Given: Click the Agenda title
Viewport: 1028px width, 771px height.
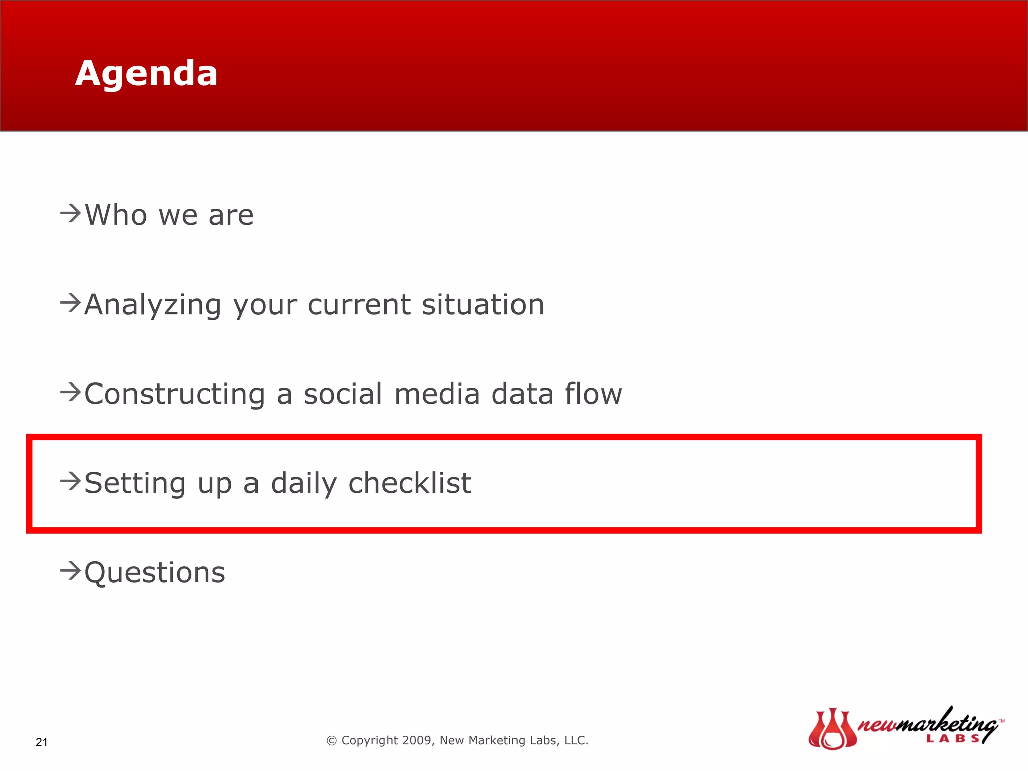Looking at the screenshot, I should [146, 74].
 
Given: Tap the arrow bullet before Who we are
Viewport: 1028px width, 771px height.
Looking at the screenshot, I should [70, 214].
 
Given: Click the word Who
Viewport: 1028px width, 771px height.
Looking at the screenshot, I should [116, 215].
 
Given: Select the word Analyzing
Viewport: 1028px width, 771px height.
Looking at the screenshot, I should [153, 305].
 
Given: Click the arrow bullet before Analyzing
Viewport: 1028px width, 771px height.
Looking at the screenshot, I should [70, 303].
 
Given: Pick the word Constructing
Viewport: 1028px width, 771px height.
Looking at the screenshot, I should [174, 394].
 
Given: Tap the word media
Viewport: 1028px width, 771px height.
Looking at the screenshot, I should [437, 394].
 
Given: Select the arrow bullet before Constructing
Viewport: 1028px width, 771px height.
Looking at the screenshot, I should [70, 392].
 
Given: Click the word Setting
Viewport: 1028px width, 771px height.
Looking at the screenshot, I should [135, 483].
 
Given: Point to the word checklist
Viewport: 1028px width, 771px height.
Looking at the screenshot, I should [410, 483].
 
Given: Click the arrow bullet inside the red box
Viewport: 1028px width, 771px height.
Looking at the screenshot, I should [70, 481].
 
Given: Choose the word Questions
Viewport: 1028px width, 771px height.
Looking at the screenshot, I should [155, 573].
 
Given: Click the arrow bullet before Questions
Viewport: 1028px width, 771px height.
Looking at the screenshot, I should [70, 571].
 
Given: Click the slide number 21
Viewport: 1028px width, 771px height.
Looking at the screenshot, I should [42, 742].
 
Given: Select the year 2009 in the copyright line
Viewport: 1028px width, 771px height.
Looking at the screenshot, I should [418, 740].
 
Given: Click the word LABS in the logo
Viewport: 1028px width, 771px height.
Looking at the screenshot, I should [953, 738].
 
